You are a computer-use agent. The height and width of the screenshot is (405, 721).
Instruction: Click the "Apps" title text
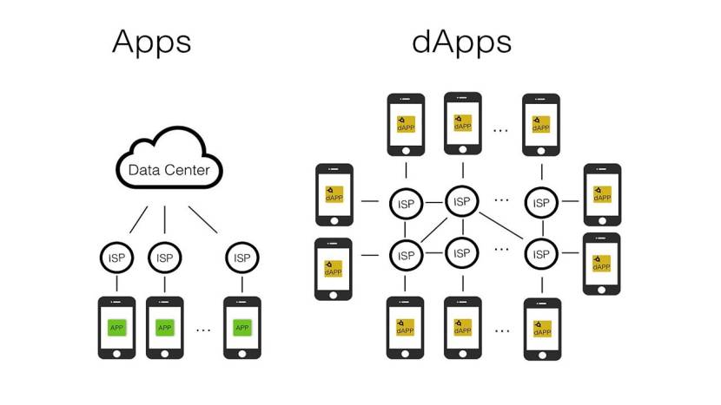coord(151,41)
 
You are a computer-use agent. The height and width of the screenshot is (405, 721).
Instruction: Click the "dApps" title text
coord(461,41)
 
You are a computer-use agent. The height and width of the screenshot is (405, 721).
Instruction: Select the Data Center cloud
coord(169,167)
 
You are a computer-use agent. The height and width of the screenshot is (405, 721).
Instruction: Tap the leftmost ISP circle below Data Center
coord(116,258)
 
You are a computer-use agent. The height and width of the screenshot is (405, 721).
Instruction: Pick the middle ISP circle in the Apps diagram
coord(164,258)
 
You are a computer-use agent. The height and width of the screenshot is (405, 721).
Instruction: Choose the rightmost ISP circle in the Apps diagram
coord(241,258)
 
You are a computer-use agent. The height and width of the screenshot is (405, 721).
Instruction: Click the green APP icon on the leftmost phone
coord(116,328)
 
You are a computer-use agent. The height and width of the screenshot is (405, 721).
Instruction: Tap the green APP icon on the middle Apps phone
coord(164,328)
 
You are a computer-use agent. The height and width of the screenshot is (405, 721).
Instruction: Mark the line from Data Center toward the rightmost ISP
coord(203,220)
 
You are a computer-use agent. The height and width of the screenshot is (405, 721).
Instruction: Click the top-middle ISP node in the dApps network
coord(462,201)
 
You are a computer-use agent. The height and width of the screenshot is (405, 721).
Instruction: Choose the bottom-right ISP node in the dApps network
coord(541,254)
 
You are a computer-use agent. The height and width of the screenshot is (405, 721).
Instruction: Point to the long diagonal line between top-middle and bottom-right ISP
coord(501,227)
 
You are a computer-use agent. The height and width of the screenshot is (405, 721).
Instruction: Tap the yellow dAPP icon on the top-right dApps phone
coord(541,124)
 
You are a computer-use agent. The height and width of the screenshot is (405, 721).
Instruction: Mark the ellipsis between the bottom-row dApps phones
coord(500,330)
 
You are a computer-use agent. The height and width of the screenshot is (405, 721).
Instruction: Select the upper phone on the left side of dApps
coord(334,195)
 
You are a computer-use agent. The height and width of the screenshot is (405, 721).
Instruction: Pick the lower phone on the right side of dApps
coord(601,264)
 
